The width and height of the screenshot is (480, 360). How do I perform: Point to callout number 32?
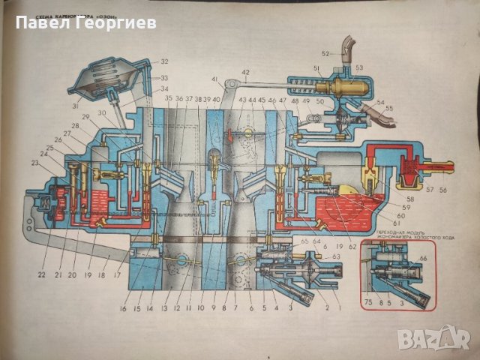[x=164, y=61]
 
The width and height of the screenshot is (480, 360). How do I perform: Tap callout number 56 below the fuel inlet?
[x=445, y=190]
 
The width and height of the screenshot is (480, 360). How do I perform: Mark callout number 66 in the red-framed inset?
[x=423, y=259]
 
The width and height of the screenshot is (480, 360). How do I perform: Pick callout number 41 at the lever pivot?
[x=214, y=79]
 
